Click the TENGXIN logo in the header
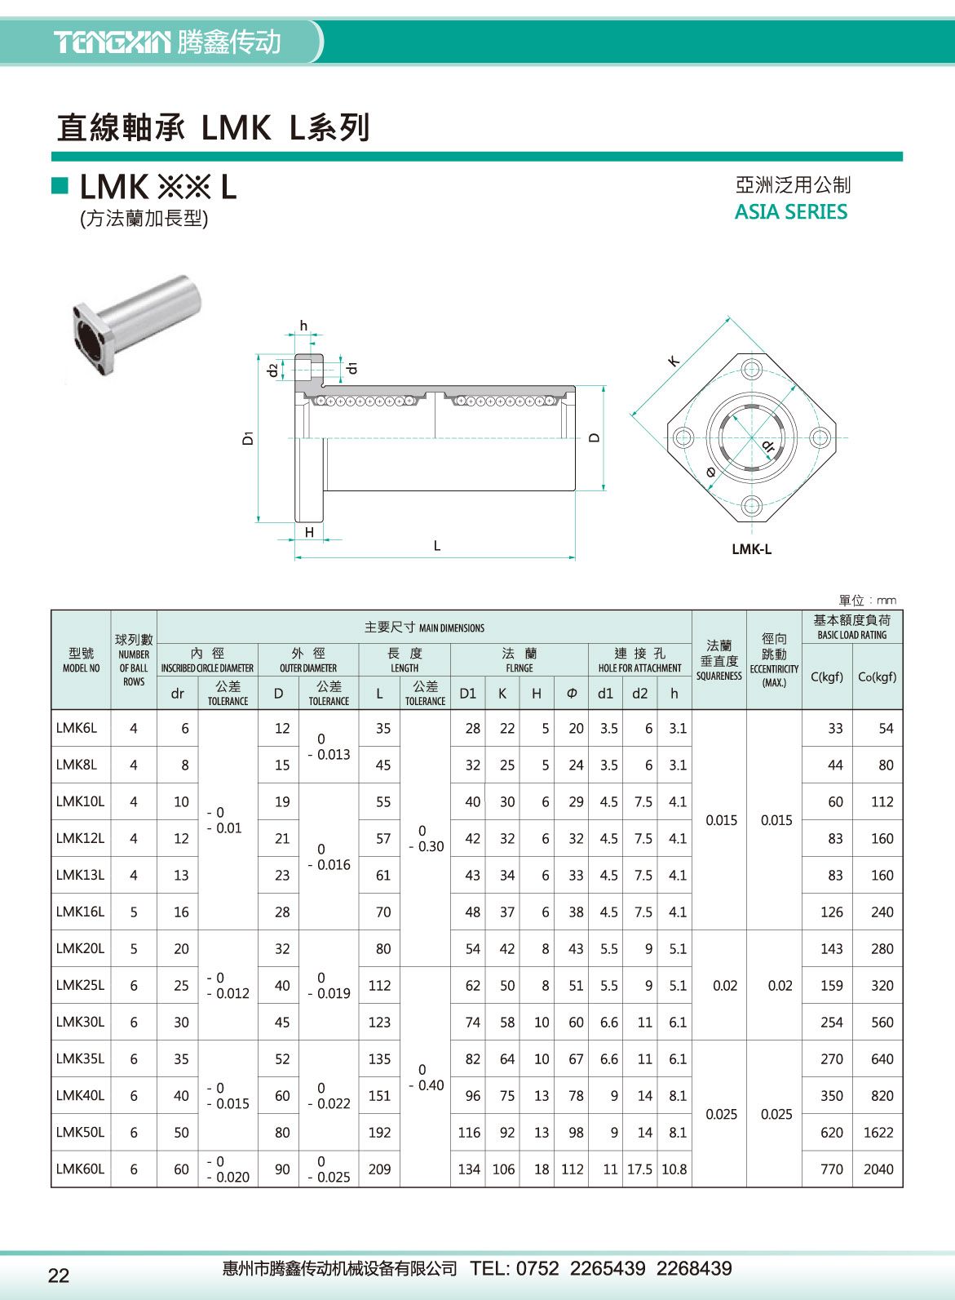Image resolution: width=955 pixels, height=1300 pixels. tap(113, 42)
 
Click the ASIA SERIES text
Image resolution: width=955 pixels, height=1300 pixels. tap(790, 212)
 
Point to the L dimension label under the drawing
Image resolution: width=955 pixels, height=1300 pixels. tap(437, 546)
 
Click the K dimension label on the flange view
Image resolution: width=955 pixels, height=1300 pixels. tap(674, 361)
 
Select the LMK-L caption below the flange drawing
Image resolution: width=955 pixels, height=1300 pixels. tap(751, 549)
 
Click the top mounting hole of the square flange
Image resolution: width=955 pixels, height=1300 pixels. tap(752, 367)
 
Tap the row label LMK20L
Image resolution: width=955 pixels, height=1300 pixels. tap(80, 948)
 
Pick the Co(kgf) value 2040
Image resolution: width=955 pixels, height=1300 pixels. tap(878, 1169)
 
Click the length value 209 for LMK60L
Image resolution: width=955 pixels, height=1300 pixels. tap(379, 1169)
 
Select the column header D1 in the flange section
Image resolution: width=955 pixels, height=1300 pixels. tap(467, 694)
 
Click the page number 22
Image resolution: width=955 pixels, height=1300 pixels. tap(59, 1276)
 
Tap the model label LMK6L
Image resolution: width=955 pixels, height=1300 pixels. tap(76, 728)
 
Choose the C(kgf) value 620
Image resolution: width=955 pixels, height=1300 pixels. tap(832, 1132)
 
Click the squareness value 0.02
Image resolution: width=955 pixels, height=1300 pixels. tap(724, 985)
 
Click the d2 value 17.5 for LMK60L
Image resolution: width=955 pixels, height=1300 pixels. tap(639, 1169)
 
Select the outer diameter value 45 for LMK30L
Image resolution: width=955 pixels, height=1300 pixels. tap(282, 1022)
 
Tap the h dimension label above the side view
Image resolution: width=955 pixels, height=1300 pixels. tap(303, 326)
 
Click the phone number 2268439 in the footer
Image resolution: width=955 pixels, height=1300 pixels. tap(694, 1268)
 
